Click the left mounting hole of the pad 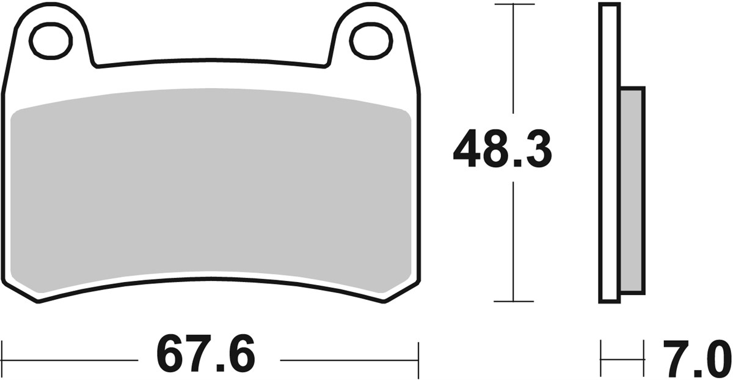51,41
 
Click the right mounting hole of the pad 371,40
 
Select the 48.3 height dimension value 502,149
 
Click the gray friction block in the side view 633,190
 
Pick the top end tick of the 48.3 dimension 514,4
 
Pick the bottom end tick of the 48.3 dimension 514,301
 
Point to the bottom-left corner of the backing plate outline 38,300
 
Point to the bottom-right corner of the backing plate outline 385,301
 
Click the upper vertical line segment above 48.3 514,61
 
